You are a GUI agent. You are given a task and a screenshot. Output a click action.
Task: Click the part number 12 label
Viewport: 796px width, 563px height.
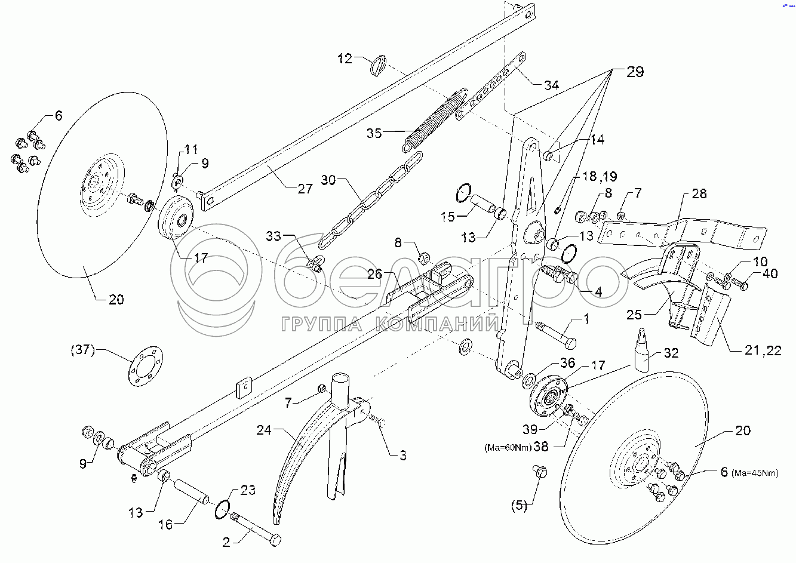click(346, 59)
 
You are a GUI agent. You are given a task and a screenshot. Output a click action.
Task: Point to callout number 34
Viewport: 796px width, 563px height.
click(551, 85)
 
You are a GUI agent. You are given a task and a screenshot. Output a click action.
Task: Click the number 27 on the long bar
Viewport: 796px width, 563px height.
click(305, 189)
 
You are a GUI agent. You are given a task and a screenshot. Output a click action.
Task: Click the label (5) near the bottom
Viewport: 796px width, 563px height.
click(519, 506)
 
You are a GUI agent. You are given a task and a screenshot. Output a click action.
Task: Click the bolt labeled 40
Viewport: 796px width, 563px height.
click(740, 286)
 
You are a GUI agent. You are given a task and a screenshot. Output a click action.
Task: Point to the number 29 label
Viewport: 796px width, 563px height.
click(635, 72)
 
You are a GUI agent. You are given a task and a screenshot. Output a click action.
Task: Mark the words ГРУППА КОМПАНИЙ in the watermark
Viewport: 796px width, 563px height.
click(390, 324)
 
